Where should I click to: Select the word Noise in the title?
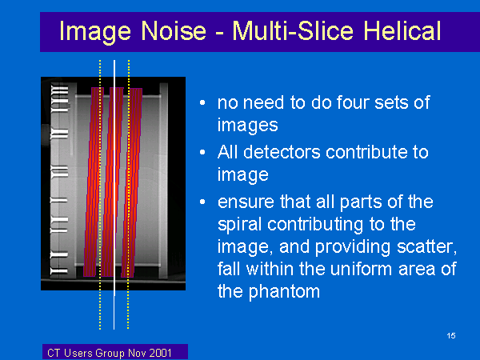click(174, 30)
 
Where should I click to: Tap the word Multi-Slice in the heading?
click(294, 30)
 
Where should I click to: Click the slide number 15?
click(451, 335)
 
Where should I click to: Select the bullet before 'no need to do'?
click(202, 102)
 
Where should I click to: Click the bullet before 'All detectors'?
click(202, 152)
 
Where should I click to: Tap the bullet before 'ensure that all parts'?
click(202, 202)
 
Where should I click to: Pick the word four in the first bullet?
click(353, 102)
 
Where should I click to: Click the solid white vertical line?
click(114, 194)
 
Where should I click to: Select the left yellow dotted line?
click(100, 194)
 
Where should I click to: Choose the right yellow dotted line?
click(129, 194)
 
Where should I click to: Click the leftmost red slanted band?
click(94, 182)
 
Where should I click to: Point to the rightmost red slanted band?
click(132, 182)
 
